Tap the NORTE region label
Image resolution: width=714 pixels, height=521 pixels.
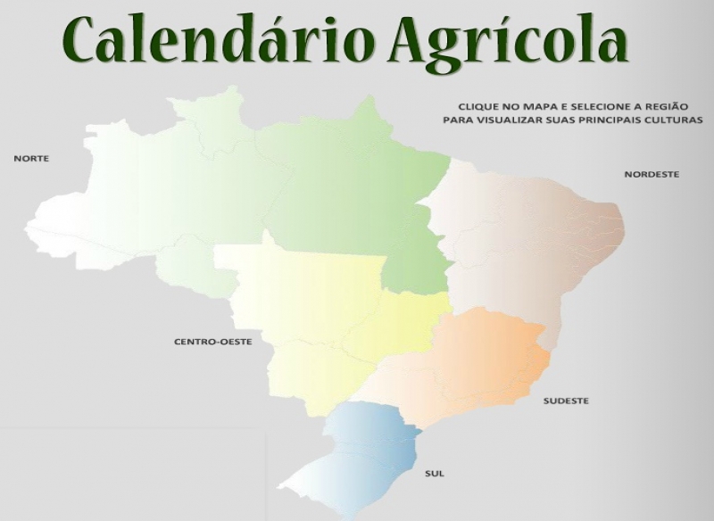(31, 159)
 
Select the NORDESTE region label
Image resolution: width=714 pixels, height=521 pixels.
(651, 174)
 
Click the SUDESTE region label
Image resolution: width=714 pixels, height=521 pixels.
(566, 401)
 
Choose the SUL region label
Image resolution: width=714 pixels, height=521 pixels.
(435, 473)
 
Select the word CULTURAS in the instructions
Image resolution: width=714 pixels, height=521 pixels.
(674, 119)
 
